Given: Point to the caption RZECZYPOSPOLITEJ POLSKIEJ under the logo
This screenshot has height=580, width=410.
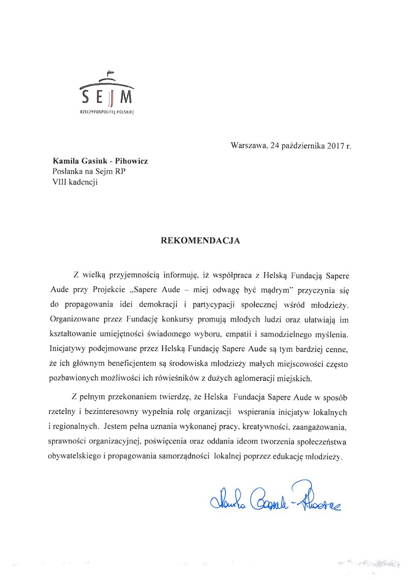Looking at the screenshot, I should (106, 113).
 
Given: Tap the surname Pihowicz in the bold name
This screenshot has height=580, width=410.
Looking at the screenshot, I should (128, 161).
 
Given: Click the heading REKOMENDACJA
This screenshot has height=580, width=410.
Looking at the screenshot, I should (201, 241).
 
